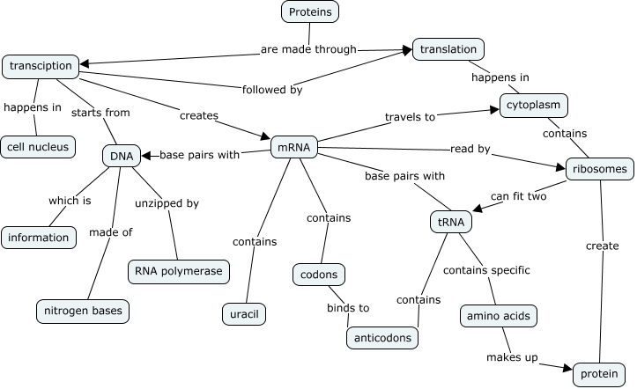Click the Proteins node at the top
tap(310, 12)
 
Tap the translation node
tap(448, 50)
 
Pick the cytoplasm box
tap(533, 106)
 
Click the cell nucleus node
tap(38, 147)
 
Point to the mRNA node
tap(293, 147)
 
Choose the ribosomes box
tap(599, 168)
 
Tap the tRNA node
tap(450, 223)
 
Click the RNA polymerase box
tap(180, 272)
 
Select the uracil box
tap(243, 312)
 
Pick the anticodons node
tap(381, 337)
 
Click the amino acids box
tap(498, 316)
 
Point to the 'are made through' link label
tap(308, 49)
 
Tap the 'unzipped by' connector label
tap(167, 203)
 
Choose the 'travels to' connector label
tap(411, 116)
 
